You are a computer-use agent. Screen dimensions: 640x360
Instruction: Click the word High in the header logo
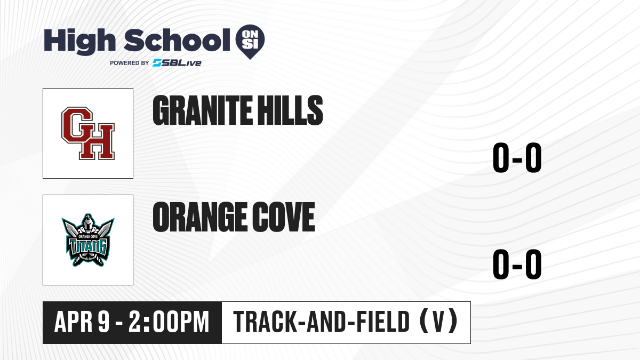pyautogui.click(x=79, y=41)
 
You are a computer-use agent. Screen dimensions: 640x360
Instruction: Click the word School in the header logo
pyautogui.click(x=177, y=40)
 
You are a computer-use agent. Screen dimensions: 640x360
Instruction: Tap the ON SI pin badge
pyautogui.click(x=250, y=42)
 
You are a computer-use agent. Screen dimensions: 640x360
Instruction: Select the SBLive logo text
pyautogui.click(x=177, y=63)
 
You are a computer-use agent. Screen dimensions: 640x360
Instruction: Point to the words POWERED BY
pyautogui.click(x=130, y=63)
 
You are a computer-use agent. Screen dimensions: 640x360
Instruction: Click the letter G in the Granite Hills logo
pyautogui.click(x=77, y=125)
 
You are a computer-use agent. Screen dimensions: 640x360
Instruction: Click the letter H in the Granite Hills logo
pyautogui.click(x=97, y=142)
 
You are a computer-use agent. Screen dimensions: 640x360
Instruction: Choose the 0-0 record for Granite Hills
pyautogui.click(x=517, y=157)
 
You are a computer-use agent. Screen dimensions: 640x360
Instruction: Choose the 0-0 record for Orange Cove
pyautogui.click(x=517, y=264)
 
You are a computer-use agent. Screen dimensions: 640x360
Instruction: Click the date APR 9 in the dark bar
pyautogui.click(x=82, y=322)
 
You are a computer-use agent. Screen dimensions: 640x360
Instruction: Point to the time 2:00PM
pyautogui.click(x=169, y=322)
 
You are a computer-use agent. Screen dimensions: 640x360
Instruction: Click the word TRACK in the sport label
pyautogui.click(x=264, y=322)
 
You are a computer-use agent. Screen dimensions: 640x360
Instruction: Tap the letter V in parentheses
pyautogui.click(x=438, y=322)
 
